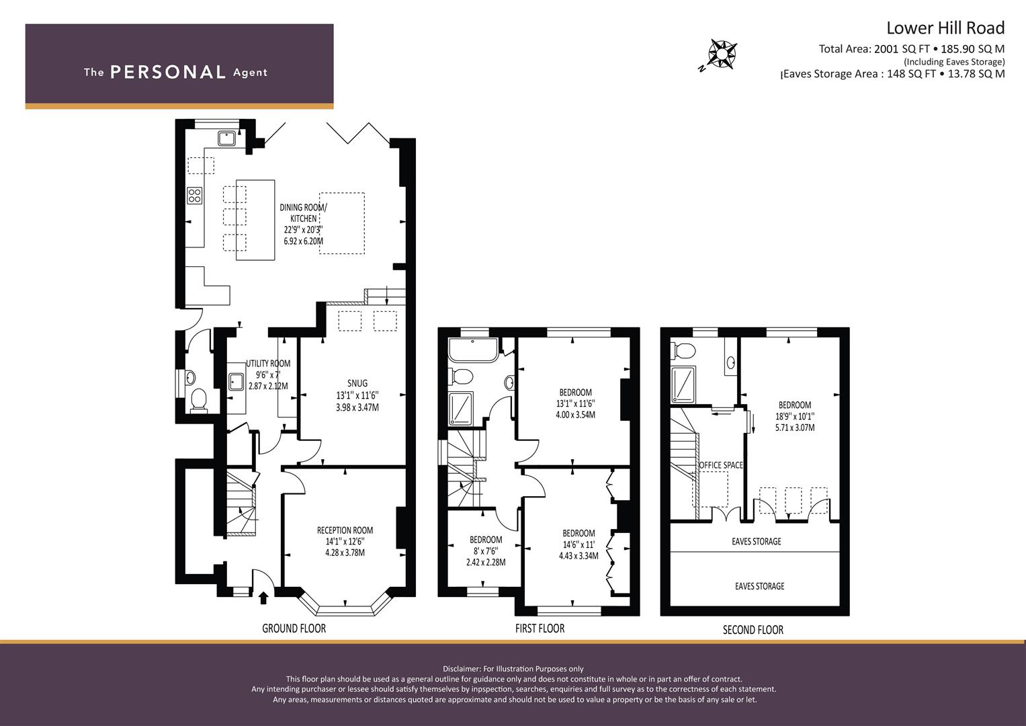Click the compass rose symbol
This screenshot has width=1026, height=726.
(x=722, y=54)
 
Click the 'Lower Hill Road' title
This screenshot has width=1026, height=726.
(x=945, y=28)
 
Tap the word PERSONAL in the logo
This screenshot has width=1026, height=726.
(x=168, y=73)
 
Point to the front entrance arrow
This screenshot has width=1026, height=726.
(x=263, y=598)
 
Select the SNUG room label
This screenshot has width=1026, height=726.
(x=357, y=383)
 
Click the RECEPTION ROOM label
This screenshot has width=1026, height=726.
(x=345, y=530)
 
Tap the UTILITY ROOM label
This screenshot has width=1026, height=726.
(x=268, y=364)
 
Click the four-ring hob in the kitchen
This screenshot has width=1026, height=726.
(x=195, y=196)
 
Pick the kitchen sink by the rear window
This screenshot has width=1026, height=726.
(x=226, y=138)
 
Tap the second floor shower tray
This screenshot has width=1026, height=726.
(x=683, y=385)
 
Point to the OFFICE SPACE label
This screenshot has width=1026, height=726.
(x=720, y=465)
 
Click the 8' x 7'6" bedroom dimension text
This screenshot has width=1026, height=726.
(x=486, y=551)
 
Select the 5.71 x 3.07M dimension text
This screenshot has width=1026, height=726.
(x=795, y=428)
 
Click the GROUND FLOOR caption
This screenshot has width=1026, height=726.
(x=294, y=629)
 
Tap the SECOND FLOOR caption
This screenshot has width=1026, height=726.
(x=753, y=630)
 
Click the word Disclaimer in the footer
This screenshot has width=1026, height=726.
(x=462, y=669)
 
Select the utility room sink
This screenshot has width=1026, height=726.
(x=237, y=381)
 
